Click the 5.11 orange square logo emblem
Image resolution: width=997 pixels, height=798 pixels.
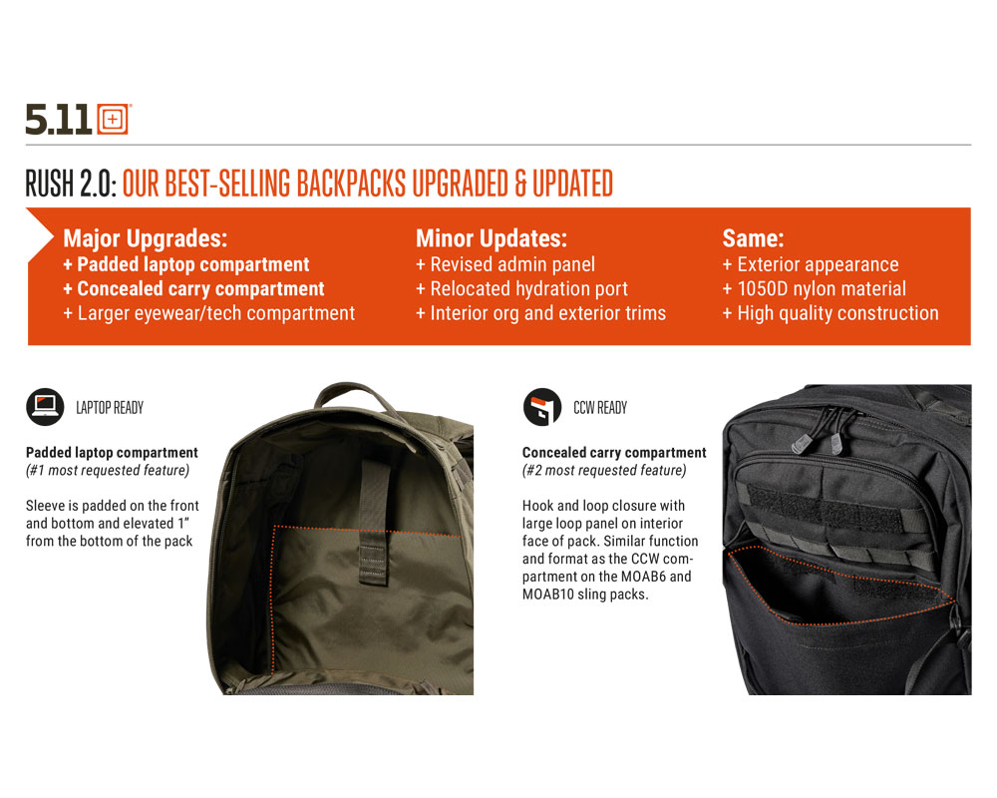[114, 119]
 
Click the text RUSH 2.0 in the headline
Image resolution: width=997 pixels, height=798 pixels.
[71, 184]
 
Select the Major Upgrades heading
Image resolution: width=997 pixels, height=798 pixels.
[145, 238]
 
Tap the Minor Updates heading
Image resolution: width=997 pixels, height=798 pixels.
[491, 238]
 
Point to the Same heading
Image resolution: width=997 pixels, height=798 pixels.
[753, 238]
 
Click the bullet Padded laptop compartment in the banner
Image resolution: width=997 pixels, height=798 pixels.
[186, 264]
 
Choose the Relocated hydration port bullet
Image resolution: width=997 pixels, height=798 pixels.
[521, 289]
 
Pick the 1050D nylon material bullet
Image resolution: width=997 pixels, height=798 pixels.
[814, 289]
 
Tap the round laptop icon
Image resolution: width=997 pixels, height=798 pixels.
[45, 407]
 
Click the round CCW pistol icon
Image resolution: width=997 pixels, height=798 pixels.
[541, 407]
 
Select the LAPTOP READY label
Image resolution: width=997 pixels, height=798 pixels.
[110, 408]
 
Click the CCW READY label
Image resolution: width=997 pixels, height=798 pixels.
[600, 408]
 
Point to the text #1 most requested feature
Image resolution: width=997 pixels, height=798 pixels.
[108, 470]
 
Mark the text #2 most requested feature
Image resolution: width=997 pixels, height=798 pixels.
[604, 470]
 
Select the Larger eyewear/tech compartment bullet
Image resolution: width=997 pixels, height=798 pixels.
[208, 313]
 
